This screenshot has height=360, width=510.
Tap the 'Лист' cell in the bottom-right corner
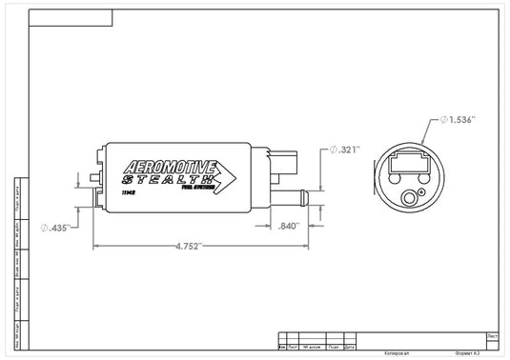click(x=491, y=336)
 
